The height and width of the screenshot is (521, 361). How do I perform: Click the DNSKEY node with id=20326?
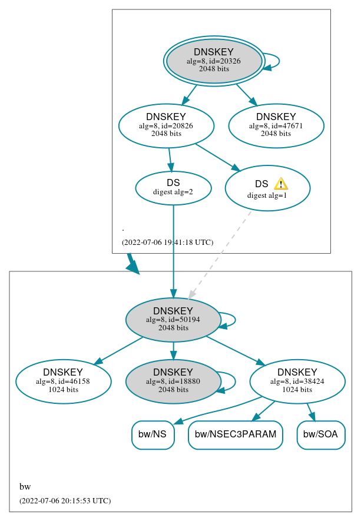214,61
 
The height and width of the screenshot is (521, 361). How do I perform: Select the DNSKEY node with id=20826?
166,125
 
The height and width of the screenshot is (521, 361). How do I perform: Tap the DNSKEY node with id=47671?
276,125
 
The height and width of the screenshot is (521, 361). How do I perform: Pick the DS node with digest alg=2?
173,187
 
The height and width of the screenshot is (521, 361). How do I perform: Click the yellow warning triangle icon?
281,184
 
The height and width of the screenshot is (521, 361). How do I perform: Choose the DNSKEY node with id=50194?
173,320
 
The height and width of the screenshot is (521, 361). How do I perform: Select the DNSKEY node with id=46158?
63,381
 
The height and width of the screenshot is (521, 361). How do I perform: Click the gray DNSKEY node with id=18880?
173,381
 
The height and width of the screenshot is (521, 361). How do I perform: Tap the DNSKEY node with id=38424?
297,381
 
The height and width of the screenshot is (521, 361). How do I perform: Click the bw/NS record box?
153,435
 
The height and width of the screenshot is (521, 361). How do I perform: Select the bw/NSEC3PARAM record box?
236,435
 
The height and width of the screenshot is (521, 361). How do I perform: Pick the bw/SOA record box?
321,435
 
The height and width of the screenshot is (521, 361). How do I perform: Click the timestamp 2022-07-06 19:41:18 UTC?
167,242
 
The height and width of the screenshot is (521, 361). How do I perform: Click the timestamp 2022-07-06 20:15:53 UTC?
65,500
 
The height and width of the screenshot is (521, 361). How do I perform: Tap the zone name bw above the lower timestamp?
25,487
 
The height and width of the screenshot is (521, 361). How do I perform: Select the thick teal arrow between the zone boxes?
133,264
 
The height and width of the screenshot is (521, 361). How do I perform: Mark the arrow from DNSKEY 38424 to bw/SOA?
311,412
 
